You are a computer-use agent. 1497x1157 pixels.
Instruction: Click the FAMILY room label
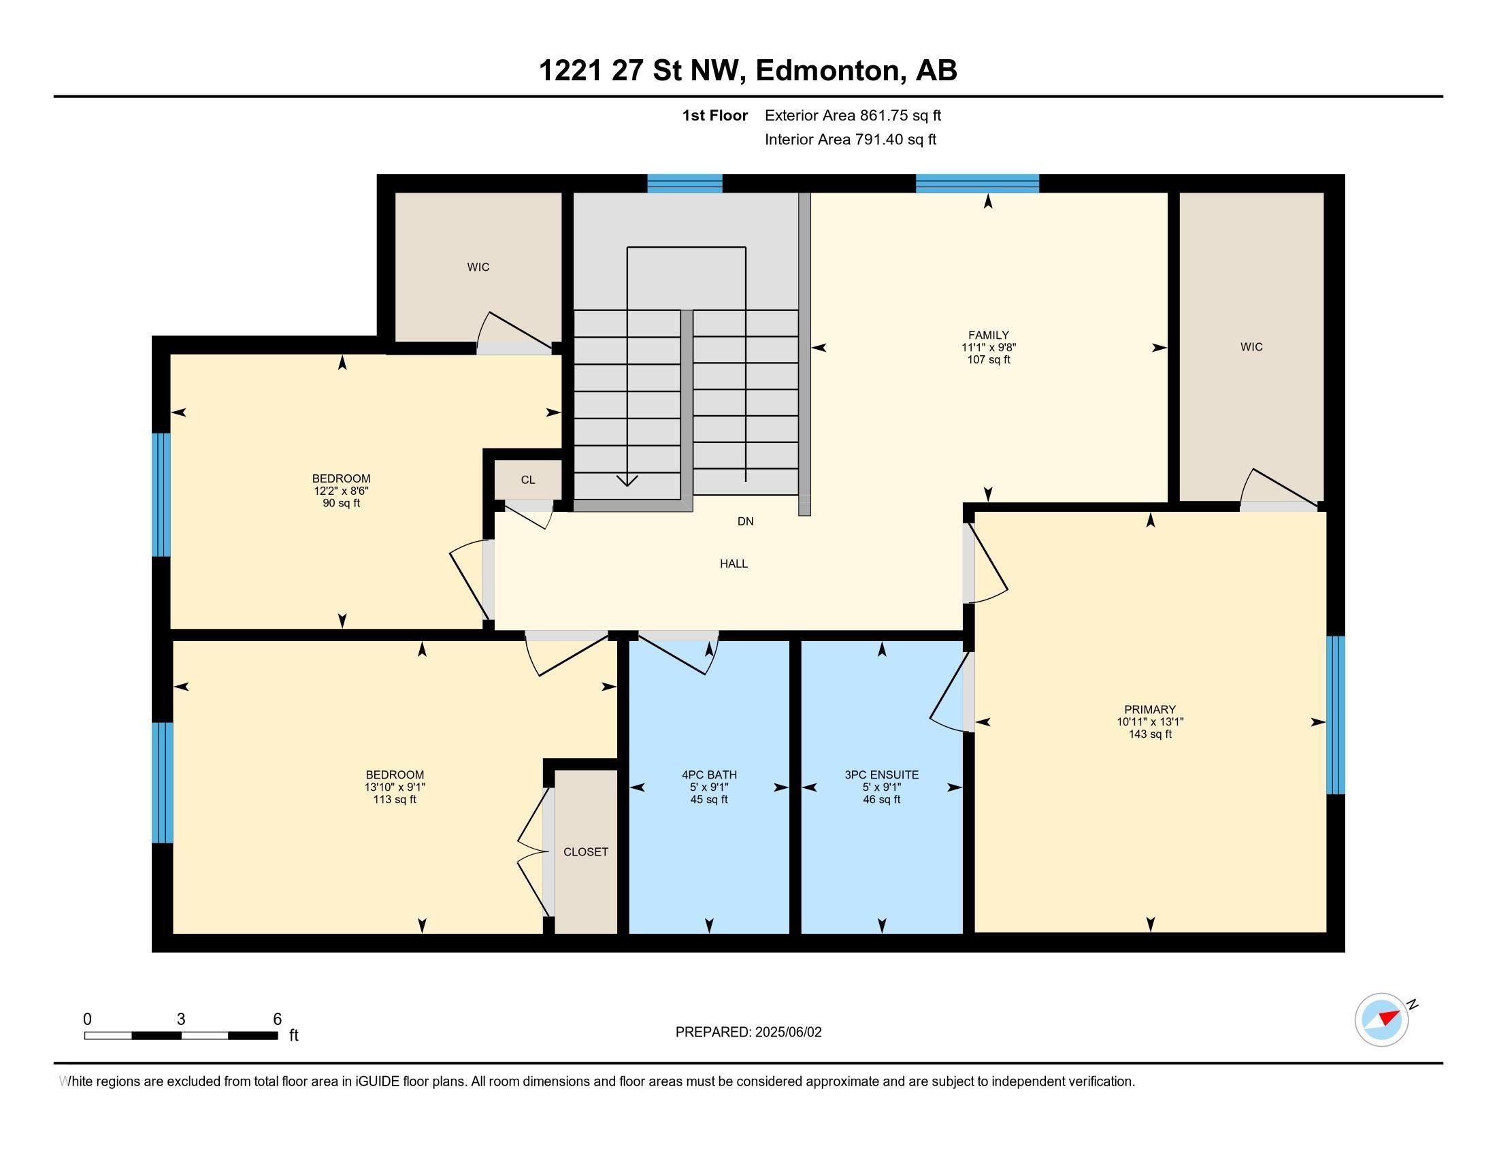[x=988, y=335]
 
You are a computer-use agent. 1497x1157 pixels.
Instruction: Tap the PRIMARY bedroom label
[x=1149, y=709]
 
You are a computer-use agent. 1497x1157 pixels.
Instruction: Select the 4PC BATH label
[x=709, y=775]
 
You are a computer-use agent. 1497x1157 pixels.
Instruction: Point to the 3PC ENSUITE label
[x=881, y=775]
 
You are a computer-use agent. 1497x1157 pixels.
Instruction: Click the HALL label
[x=734, y=564]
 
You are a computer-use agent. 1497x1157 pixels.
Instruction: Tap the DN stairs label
[x=745, y=521]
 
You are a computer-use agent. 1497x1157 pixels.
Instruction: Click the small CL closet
[x=528, y=480]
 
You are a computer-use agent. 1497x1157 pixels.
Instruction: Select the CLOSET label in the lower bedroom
[x=585, y=851]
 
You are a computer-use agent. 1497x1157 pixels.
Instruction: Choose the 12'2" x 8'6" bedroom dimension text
[x=342, y=491]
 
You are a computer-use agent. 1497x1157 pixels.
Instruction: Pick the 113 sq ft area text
[x=395, y=799]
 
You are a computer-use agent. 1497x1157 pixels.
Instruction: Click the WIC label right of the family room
[x=1251, y=347]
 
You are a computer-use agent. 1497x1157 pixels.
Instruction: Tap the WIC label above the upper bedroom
[x=478, y=267]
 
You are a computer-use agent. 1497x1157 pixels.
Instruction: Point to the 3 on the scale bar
[x=181, y=1020]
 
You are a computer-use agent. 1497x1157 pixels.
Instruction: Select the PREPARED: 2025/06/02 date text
[x=748, y=1032]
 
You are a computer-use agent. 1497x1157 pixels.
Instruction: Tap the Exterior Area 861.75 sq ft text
[x=853, y=115]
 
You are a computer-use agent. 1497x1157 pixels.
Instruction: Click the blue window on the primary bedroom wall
[x=1335, y=715]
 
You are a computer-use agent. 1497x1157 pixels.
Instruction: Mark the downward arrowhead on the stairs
[x=627, y=480]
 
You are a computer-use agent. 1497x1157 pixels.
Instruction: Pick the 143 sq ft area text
[x=1149, y=734]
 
